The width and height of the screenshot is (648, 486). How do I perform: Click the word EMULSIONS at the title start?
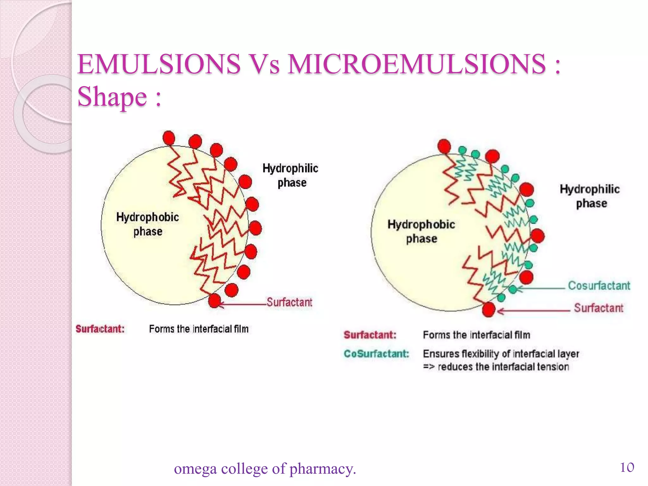click(x=159, y=64)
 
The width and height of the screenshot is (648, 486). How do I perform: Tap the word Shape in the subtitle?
click(x=112, y=97)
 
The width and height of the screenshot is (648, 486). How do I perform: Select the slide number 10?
click(x=627, y=467)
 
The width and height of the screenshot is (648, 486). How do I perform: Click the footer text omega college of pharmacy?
click(x=265, y=469)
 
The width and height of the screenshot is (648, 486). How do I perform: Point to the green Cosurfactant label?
click(x=599, y=286)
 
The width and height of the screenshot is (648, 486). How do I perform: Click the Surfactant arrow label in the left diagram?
click(x=289, y=302)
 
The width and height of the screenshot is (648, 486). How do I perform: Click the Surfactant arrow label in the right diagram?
click(x=598, y=308)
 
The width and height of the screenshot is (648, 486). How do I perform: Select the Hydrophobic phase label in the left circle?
click(x=147, y=224)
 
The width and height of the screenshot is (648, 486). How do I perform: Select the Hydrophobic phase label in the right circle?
click(x=421, y=231)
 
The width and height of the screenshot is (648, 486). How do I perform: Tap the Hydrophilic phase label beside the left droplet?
click(x=290, y=175)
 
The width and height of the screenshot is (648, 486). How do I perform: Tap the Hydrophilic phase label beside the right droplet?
click(x=590, y=196)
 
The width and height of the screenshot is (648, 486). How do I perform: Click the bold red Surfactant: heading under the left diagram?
click(x=100, y=329)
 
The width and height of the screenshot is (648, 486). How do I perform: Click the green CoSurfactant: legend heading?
click(x=376, y=353)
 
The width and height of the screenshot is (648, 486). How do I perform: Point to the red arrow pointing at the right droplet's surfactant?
click(x=535, y=311)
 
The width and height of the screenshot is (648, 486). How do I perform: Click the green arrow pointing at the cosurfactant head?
click(x=541, y=288)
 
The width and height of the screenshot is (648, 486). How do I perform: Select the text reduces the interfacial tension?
click(x=503, y=367)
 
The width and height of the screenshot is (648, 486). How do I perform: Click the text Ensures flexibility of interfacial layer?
click(x=501, y=353)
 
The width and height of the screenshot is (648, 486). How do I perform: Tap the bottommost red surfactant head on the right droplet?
click(x=489, y=309)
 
